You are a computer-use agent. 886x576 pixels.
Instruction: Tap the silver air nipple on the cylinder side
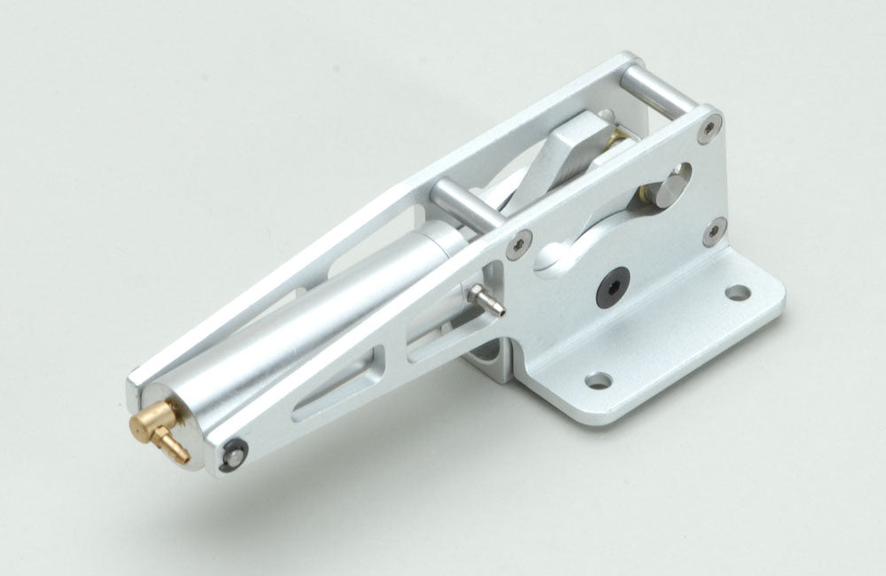(x=486, y=299)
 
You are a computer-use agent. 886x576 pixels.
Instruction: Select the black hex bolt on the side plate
(x=613, y=287)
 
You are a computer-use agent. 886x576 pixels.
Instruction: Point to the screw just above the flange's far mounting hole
(x=714, y=234)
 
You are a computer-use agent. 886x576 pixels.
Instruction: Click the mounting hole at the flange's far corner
(x=737, y=292)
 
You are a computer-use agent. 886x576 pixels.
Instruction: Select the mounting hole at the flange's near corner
(x=599, y=380)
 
